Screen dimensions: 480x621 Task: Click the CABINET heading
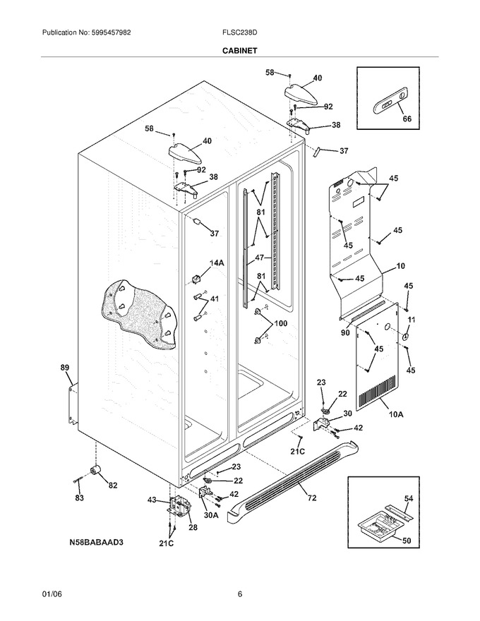tap(239, 51)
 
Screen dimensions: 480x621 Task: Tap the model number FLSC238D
tap(240, 33)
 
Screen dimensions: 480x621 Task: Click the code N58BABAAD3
tap(97, 542)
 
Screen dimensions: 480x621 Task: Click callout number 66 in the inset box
tap(407, 119)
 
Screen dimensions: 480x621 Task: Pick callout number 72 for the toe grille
tap(312, 498)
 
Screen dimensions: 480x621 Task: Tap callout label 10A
tap(396, 415)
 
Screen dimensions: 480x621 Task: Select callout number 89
tap(64, 368)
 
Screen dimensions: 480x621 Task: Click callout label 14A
tap(217, 263)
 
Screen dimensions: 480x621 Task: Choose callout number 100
tap(280, 324)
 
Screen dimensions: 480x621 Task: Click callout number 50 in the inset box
tap(407, 541)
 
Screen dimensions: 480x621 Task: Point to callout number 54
tap(408, 498)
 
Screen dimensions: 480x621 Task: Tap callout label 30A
tap(210, 515)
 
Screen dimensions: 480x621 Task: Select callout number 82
tap(113, 486)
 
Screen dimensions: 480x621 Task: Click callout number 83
tap(79, 498)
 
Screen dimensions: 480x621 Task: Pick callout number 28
tap(193, 527)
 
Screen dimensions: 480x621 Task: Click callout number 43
tap(152, 500)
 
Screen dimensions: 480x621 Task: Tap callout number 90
tap(345, 332)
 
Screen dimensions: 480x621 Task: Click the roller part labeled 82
tap(95, 471)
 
